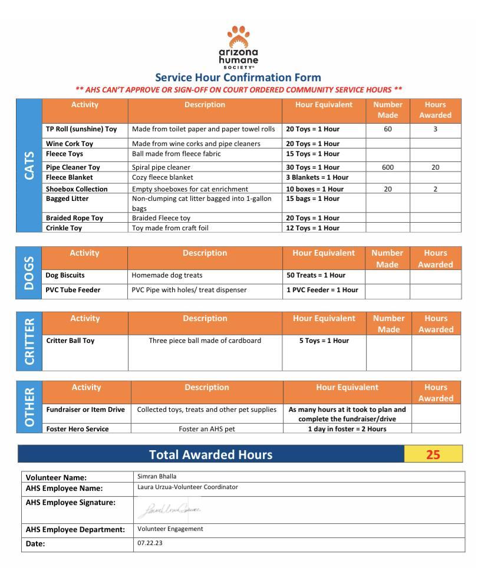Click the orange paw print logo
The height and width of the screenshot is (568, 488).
[x=238, y=37]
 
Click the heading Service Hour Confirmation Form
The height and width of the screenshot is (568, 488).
[x=238, y=77]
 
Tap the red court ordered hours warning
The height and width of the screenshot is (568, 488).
[x=239, y=90]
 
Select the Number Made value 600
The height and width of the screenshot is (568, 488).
[x=387, y=167]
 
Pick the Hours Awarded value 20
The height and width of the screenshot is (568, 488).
[x=435, y=167]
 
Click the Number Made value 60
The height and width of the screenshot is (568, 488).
[x=387, y=129]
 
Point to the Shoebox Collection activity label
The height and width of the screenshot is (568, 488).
[x=77, y=189]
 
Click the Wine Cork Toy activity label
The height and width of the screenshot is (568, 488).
[x=70, y=144]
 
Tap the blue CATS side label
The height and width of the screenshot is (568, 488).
[x=29, y=165]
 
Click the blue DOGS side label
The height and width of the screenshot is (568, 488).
[x=29, y=272]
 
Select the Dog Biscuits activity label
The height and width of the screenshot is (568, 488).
[x=65, y=275]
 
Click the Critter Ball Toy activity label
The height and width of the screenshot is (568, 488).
[x=70, y=341]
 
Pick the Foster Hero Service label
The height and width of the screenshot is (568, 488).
[x=77, y=429]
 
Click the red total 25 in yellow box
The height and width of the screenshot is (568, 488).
[x=433, y=455]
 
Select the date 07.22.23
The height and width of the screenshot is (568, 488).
[x=150, y=543]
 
